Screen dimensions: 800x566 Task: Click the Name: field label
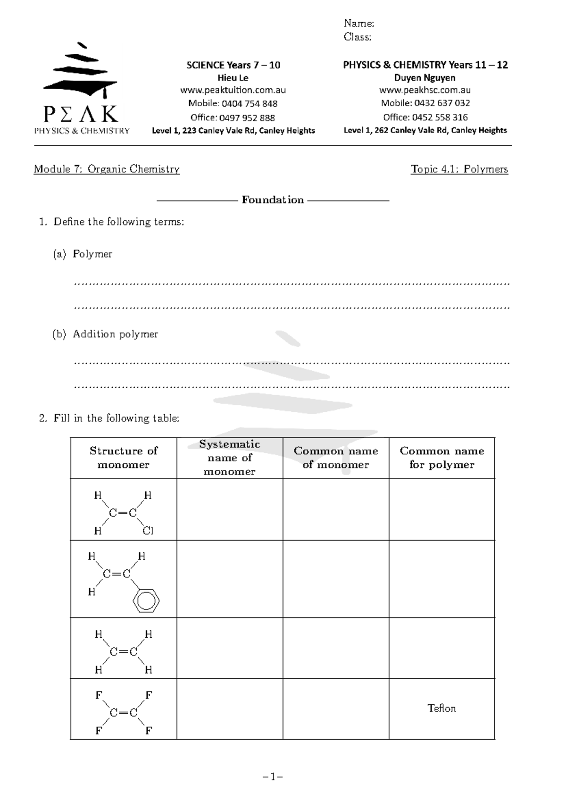pyautogui.click(x=358, y=23)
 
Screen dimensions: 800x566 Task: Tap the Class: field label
pyautogui.click(x=357, y=37)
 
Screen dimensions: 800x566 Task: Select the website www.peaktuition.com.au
pyautogui.click(x=233, y=90)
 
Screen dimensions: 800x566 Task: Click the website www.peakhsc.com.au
pyautogui.click(x=425, y=90)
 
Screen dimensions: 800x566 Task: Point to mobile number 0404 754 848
pyautogui.click(x=250, y=104)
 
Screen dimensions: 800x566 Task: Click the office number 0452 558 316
pyautogui.click(x=440, y=117)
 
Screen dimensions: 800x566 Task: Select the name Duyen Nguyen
pyautogui.click(x=424, y=78)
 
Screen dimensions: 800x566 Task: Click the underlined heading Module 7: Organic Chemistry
pyautogui.click(x=107, y=169)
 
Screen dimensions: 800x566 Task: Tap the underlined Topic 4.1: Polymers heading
pyautogui.click(x=459, y=169)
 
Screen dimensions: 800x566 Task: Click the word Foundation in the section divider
pyautogui.click(x=273, y=200)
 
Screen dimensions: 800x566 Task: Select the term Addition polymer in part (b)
pyautogui.click(x=115, y=334)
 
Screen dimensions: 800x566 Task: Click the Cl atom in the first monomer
pyautogui.click(x=148, y=531)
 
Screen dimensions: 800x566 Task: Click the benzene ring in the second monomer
pyautogui.click(x=146, y=601)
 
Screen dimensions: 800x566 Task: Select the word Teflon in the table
pyautogui.click(x=441, y=708)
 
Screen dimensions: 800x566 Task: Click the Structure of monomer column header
pyautogui.click(x=124, y=458)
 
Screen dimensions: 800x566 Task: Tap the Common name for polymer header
pyautogui.click(x=441, y=458)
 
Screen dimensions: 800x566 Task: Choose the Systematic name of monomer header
pyautogui.click(x=230, y=458)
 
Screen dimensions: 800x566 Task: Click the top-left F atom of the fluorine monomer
pyautogui.click(x=99, y=695)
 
